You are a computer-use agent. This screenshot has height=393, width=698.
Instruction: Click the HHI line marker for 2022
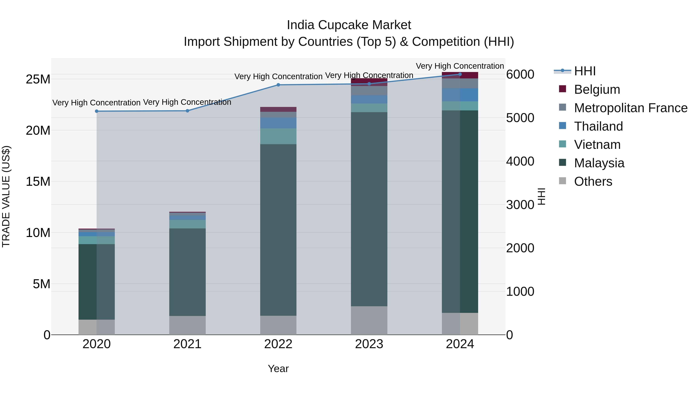(x=278, y=85)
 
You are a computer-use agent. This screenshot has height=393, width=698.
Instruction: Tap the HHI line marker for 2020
(x=97, y=111)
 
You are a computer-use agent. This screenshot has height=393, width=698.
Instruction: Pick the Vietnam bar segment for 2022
(x=278, y=136)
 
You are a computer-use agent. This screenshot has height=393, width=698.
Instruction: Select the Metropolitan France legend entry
(x=630, y=108)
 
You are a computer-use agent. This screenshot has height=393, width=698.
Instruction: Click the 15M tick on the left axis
(x=38, y=181)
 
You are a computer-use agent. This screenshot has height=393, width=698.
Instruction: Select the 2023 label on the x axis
(x=369, y=344)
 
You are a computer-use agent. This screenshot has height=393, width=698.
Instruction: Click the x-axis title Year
(x=278, y=369)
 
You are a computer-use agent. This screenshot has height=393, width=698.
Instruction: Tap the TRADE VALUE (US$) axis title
(x=6, y=196)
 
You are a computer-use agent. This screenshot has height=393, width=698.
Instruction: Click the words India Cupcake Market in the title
(x=349, y=25)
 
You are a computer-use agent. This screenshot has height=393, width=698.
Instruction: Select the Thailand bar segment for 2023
(x=369, y=99)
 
